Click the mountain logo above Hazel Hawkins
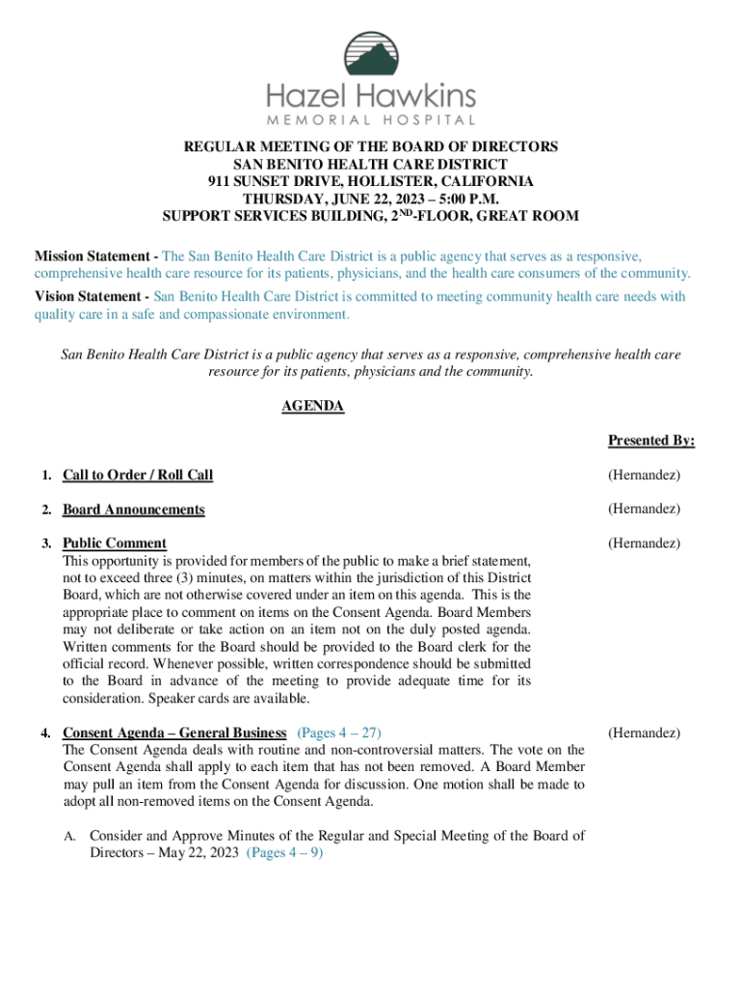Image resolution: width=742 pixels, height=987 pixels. pyautogui.click(x=371, y=54)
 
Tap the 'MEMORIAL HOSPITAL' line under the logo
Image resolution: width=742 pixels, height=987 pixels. pyautogui.click(x=371, y=120)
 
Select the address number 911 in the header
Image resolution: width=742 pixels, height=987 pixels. pyautogui.click(x=220, y=181)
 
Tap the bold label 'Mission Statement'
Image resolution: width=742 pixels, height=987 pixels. pyautogui.click(x=93, y=256)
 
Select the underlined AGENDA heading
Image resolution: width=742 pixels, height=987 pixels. pyautogui.click(x=312, y=407)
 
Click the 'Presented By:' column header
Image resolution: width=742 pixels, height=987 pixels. pyautogui.click(x=650, y=440)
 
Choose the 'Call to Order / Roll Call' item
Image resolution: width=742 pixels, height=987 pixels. pyautogui.click(x=138, y=475)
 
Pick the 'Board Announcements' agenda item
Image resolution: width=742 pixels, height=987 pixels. pyautogui.click(x=133, y=509)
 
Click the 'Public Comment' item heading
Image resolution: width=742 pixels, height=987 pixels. pyautogui.click(x=115, y=543)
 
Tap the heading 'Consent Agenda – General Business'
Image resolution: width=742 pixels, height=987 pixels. pyautogui.click(x=174, y=733)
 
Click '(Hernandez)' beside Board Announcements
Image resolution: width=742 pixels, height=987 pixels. pyautogui.click(x=644, y=509)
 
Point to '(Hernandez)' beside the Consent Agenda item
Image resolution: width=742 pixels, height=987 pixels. pyautogui.click(x=644, y=733)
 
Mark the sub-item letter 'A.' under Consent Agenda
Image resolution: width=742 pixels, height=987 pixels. pyautogui.click(x=70, y=836)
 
